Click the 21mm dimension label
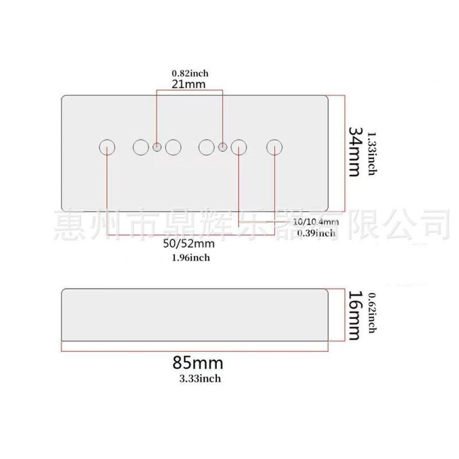pos(189,84)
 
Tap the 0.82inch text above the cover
pos(190,73)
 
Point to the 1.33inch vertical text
pos(372,152)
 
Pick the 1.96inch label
pos(191,258)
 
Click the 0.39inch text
pos(316,233)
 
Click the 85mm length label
pos(197,363)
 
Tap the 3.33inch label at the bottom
pos(200,378)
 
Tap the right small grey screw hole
pos(223,148)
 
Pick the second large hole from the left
pos(141,147)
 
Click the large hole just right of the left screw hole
pos(173,147)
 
